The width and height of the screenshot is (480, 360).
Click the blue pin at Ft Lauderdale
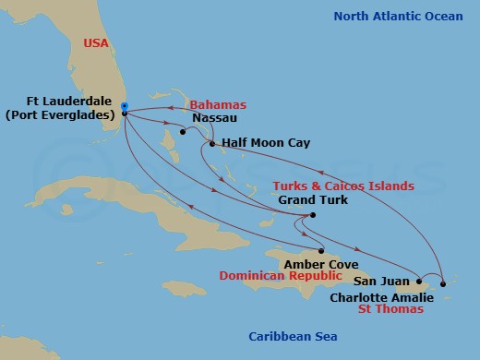tap(124, 105)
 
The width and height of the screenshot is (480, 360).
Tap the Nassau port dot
tap(183, 132)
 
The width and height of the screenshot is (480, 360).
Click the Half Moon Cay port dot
tap(212, 144)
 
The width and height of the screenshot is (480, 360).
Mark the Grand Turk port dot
tap(313, 215)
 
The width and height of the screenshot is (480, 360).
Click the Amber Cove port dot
tap(319, 251)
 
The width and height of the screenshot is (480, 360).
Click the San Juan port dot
tap(419, 281)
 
